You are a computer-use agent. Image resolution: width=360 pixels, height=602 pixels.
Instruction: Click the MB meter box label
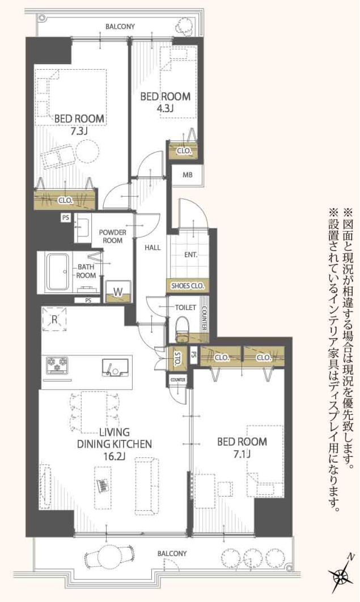(x=187, y=175)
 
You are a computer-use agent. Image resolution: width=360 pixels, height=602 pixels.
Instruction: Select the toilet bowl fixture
(x=182, y=327)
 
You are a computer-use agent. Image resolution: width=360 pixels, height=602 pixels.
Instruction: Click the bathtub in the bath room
(x=57, y=272)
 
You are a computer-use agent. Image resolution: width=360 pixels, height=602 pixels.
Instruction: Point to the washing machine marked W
(x=118, y=292)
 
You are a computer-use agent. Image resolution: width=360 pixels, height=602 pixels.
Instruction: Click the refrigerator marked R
(x=54, y=319)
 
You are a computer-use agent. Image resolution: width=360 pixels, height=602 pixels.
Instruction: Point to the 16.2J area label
(x=114, y=455)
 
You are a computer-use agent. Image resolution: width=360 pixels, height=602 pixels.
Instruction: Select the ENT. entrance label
(x=190, y=255)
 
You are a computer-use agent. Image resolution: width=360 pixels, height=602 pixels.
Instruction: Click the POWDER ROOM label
(x=112, y=236)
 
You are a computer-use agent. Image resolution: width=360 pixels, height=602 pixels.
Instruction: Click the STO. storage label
(x=177, y=358)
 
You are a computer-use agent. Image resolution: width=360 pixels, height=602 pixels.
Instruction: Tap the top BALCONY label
(x=119, y=26)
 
